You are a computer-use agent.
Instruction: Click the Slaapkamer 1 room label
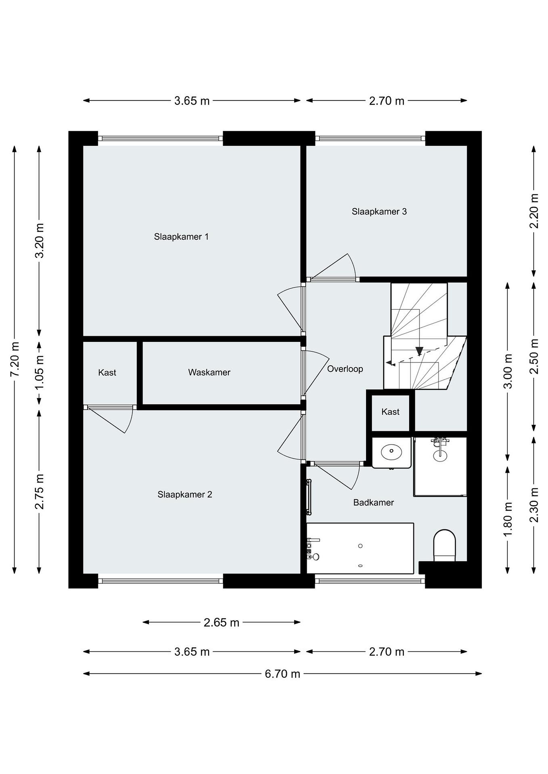181,237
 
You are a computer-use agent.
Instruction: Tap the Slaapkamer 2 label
185,494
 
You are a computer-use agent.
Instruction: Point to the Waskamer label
209,372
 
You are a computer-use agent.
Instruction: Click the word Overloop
345,369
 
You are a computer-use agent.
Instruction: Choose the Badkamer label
374,503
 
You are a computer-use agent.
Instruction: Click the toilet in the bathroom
444,545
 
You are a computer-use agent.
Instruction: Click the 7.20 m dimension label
15,359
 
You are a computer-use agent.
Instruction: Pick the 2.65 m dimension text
221,622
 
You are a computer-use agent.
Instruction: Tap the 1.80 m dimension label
508,519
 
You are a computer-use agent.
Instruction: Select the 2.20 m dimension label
534,211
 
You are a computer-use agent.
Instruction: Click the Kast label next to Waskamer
107,372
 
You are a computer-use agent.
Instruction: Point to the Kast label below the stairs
390,412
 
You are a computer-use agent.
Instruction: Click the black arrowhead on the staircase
419,351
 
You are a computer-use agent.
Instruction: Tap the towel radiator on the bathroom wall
308,497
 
